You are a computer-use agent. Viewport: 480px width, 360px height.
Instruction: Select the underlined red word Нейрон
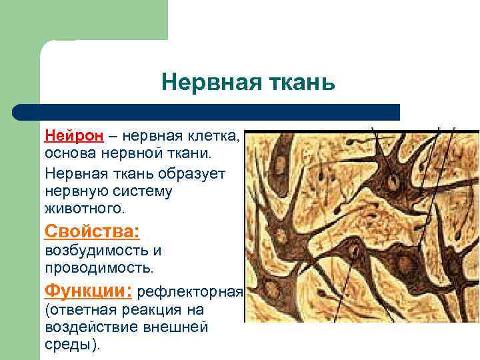click(x=74, y=136)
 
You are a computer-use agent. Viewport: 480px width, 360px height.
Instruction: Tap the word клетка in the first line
click(x=213, y=136)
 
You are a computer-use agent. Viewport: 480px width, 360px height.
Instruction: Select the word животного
click(x=84, y=208)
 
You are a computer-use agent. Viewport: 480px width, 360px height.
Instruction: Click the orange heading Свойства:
click(x=92, y=231)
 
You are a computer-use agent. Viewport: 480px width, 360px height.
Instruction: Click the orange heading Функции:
click(x=88, y=291)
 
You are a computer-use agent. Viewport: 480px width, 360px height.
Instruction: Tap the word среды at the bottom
click(x=69, y=345)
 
